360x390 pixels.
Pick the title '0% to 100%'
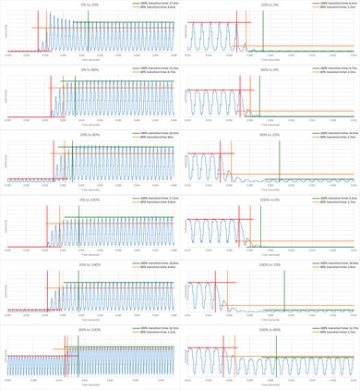(90, 199)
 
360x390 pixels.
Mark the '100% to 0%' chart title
(270, 199)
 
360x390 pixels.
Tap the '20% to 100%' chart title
(90, 263)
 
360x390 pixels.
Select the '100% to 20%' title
(270, 263)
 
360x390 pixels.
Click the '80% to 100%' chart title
(90, 328)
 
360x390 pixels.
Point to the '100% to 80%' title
(270, 328)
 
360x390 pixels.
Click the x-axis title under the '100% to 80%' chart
(270, 384)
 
